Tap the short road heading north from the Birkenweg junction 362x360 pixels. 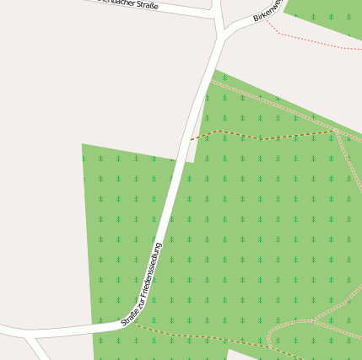(x=219, y=13)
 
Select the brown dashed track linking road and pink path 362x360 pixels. (x=262, y=136)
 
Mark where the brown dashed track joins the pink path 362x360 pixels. (x=337, y=131)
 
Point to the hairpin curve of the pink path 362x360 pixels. (x=270, y=337)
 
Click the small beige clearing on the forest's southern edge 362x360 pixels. (x=245, y=355)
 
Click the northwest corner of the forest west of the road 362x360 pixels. (x=84, y=146)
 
